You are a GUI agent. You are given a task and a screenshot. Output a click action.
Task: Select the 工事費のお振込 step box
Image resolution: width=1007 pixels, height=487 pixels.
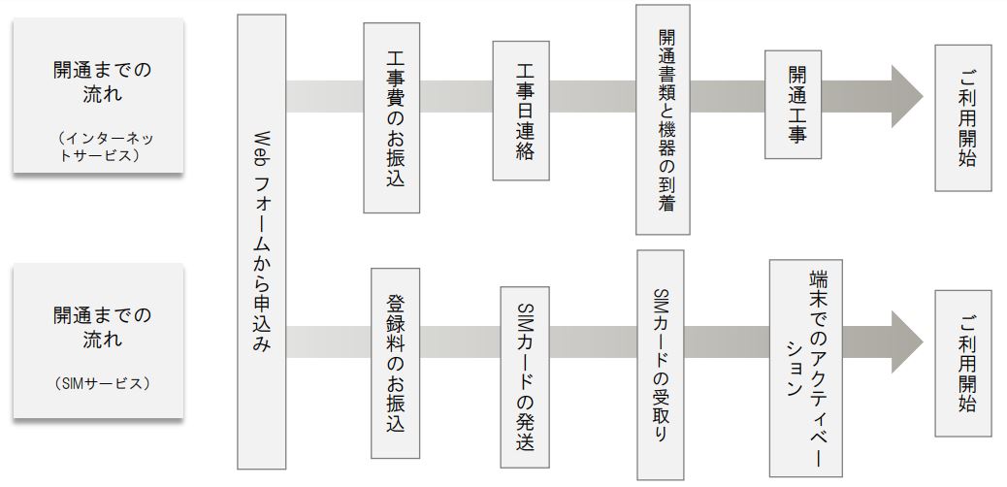pos(391,117)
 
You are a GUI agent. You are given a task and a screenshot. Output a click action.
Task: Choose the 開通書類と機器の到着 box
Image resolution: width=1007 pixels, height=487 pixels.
pos(663,119)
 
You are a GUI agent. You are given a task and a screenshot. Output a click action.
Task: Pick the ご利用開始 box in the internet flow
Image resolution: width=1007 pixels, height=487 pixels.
pos(960,117)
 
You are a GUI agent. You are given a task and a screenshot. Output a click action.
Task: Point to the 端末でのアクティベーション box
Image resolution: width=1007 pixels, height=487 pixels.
pos(801,367)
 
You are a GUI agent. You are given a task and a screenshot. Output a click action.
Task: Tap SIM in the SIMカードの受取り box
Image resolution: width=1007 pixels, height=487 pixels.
pos(664,302)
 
